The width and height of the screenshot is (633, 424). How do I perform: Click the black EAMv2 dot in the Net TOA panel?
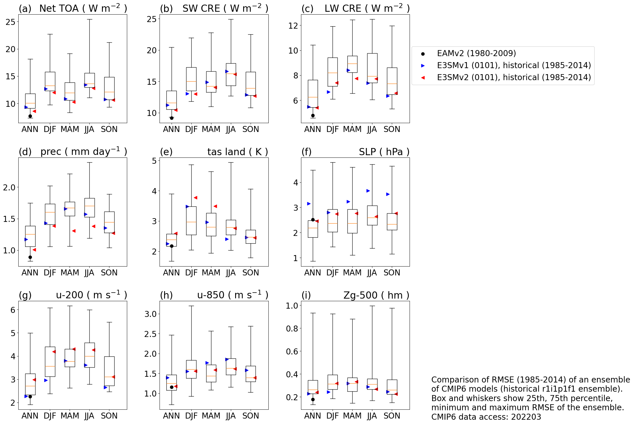pos(30,116)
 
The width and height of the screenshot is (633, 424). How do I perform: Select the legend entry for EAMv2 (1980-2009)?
pos(476,54)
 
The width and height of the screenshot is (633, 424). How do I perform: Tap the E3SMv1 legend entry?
pos(514,66)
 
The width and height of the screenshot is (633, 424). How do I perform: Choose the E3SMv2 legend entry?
pos(514,78)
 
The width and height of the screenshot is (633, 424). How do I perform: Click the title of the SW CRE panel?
pos(225,9)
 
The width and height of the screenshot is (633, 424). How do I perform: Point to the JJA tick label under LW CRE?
pos(372,129)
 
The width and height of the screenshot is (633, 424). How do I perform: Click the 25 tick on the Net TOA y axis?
pos(11,22)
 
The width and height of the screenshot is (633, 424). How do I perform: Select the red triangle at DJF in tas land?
pos(195,198)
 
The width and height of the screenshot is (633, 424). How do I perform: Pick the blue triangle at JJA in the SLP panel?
pos(368,191)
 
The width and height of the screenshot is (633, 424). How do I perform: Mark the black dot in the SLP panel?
pos(313,220)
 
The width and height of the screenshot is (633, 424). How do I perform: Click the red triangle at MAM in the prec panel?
pos(74,231)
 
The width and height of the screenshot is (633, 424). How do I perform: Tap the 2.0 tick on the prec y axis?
pos(9,188)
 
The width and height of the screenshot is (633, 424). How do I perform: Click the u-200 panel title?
pos(91,295)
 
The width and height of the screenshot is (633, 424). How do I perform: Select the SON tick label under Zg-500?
pos(392,416)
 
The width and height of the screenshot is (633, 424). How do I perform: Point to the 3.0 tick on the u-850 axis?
pos(150,314)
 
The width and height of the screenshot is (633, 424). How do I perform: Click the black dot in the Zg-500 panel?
pos(313,399)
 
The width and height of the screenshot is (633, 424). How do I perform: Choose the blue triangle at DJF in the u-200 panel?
pos(46,380)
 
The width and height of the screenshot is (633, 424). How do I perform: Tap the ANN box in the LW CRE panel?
pos(313,94)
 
